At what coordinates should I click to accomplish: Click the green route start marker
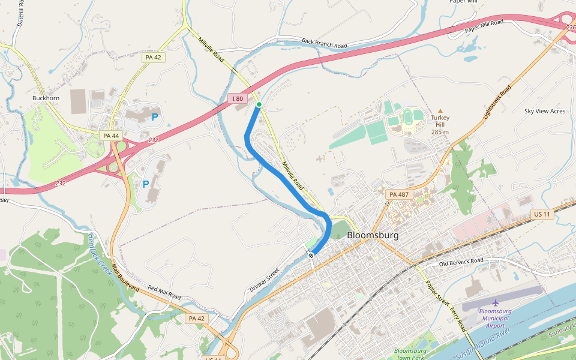(259, 104)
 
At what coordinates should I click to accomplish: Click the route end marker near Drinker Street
(311, 256)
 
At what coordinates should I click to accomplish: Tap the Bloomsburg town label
(372, 235)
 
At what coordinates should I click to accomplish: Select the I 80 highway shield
(238, 98)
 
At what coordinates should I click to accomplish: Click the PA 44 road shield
(111, 136)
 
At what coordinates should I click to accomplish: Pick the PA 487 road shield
(398, 194)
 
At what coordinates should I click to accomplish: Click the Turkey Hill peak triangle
(440, 111)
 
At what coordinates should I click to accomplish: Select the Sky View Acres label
(544, 111)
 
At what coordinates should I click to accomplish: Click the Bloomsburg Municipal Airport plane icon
(496, 302)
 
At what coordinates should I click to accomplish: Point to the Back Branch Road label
(325, 43)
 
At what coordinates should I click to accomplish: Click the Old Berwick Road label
(461, 262)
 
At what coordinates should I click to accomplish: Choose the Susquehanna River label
(483, 344)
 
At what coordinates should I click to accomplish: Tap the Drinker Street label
(264, 281)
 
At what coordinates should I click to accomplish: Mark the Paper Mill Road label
(484, 26)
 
